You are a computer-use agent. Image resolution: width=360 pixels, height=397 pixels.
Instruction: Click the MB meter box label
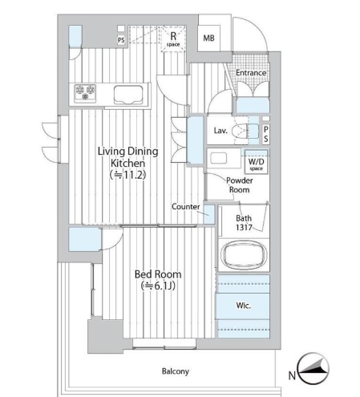coord(208,38)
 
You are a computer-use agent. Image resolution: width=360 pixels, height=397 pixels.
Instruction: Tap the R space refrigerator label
coord(173,38)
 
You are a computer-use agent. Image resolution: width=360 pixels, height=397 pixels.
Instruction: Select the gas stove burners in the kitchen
coord(85,93)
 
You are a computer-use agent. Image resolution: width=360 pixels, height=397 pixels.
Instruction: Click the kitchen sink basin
coord(128,95)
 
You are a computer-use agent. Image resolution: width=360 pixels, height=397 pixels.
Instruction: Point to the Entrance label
coord(251,73)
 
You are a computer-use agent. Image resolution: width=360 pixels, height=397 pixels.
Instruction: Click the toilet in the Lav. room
coord(245,131)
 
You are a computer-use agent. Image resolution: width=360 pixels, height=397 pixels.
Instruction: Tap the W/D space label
coord(257,164)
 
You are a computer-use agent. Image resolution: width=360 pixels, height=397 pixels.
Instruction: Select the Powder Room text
coord(240,185)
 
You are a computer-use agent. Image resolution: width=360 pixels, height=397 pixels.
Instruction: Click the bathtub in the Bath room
coord(244,255)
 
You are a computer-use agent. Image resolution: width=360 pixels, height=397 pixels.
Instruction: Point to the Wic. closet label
coord(243,306)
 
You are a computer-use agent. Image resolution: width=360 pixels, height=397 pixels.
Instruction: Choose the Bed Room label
coord(158,274)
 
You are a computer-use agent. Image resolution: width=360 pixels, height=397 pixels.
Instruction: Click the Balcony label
coord(176,371)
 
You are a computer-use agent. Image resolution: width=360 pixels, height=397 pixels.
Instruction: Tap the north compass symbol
coord(313,368)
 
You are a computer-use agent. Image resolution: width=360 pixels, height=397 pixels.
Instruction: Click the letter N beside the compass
coord(292,375)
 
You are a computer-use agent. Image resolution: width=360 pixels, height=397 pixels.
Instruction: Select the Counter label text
coord(185,207)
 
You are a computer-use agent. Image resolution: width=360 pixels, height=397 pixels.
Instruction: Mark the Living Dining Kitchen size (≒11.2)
coord(128,175)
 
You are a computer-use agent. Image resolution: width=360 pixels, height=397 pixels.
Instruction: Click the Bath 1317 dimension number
coord(244,228)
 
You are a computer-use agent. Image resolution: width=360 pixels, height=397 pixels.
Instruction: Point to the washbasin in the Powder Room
coord(218,158)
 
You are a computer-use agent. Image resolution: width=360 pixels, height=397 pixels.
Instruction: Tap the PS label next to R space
coord(121,40)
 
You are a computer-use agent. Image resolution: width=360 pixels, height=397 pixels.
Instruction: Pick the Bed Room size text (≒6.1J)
coord(159,286)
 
